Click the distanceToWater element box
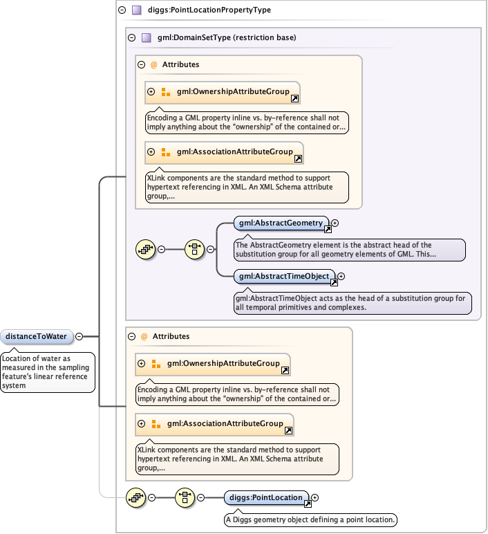[37, 337]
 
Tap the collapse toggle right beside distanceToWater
[79, 337]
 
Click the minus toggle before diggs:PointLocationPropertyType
[122, 10]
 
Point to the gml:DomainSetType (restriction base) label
[222, 38]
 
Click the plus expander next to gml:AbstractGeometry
[335, 223]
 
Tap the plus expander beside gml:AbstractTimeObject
[341, 277]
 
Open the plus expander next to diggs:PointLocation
[315, 497]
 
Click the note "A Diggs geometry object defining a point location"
[310, 519]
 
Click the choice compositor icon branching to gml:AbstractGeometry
[195, 249]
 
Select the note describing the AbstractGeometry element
[349, 250]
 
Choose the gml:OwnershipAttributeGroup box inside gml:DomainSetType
[222, 92]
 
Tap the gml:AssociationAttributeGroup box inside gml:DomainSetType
[224, 152]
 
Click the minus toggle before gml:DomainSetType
[131, 38]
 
